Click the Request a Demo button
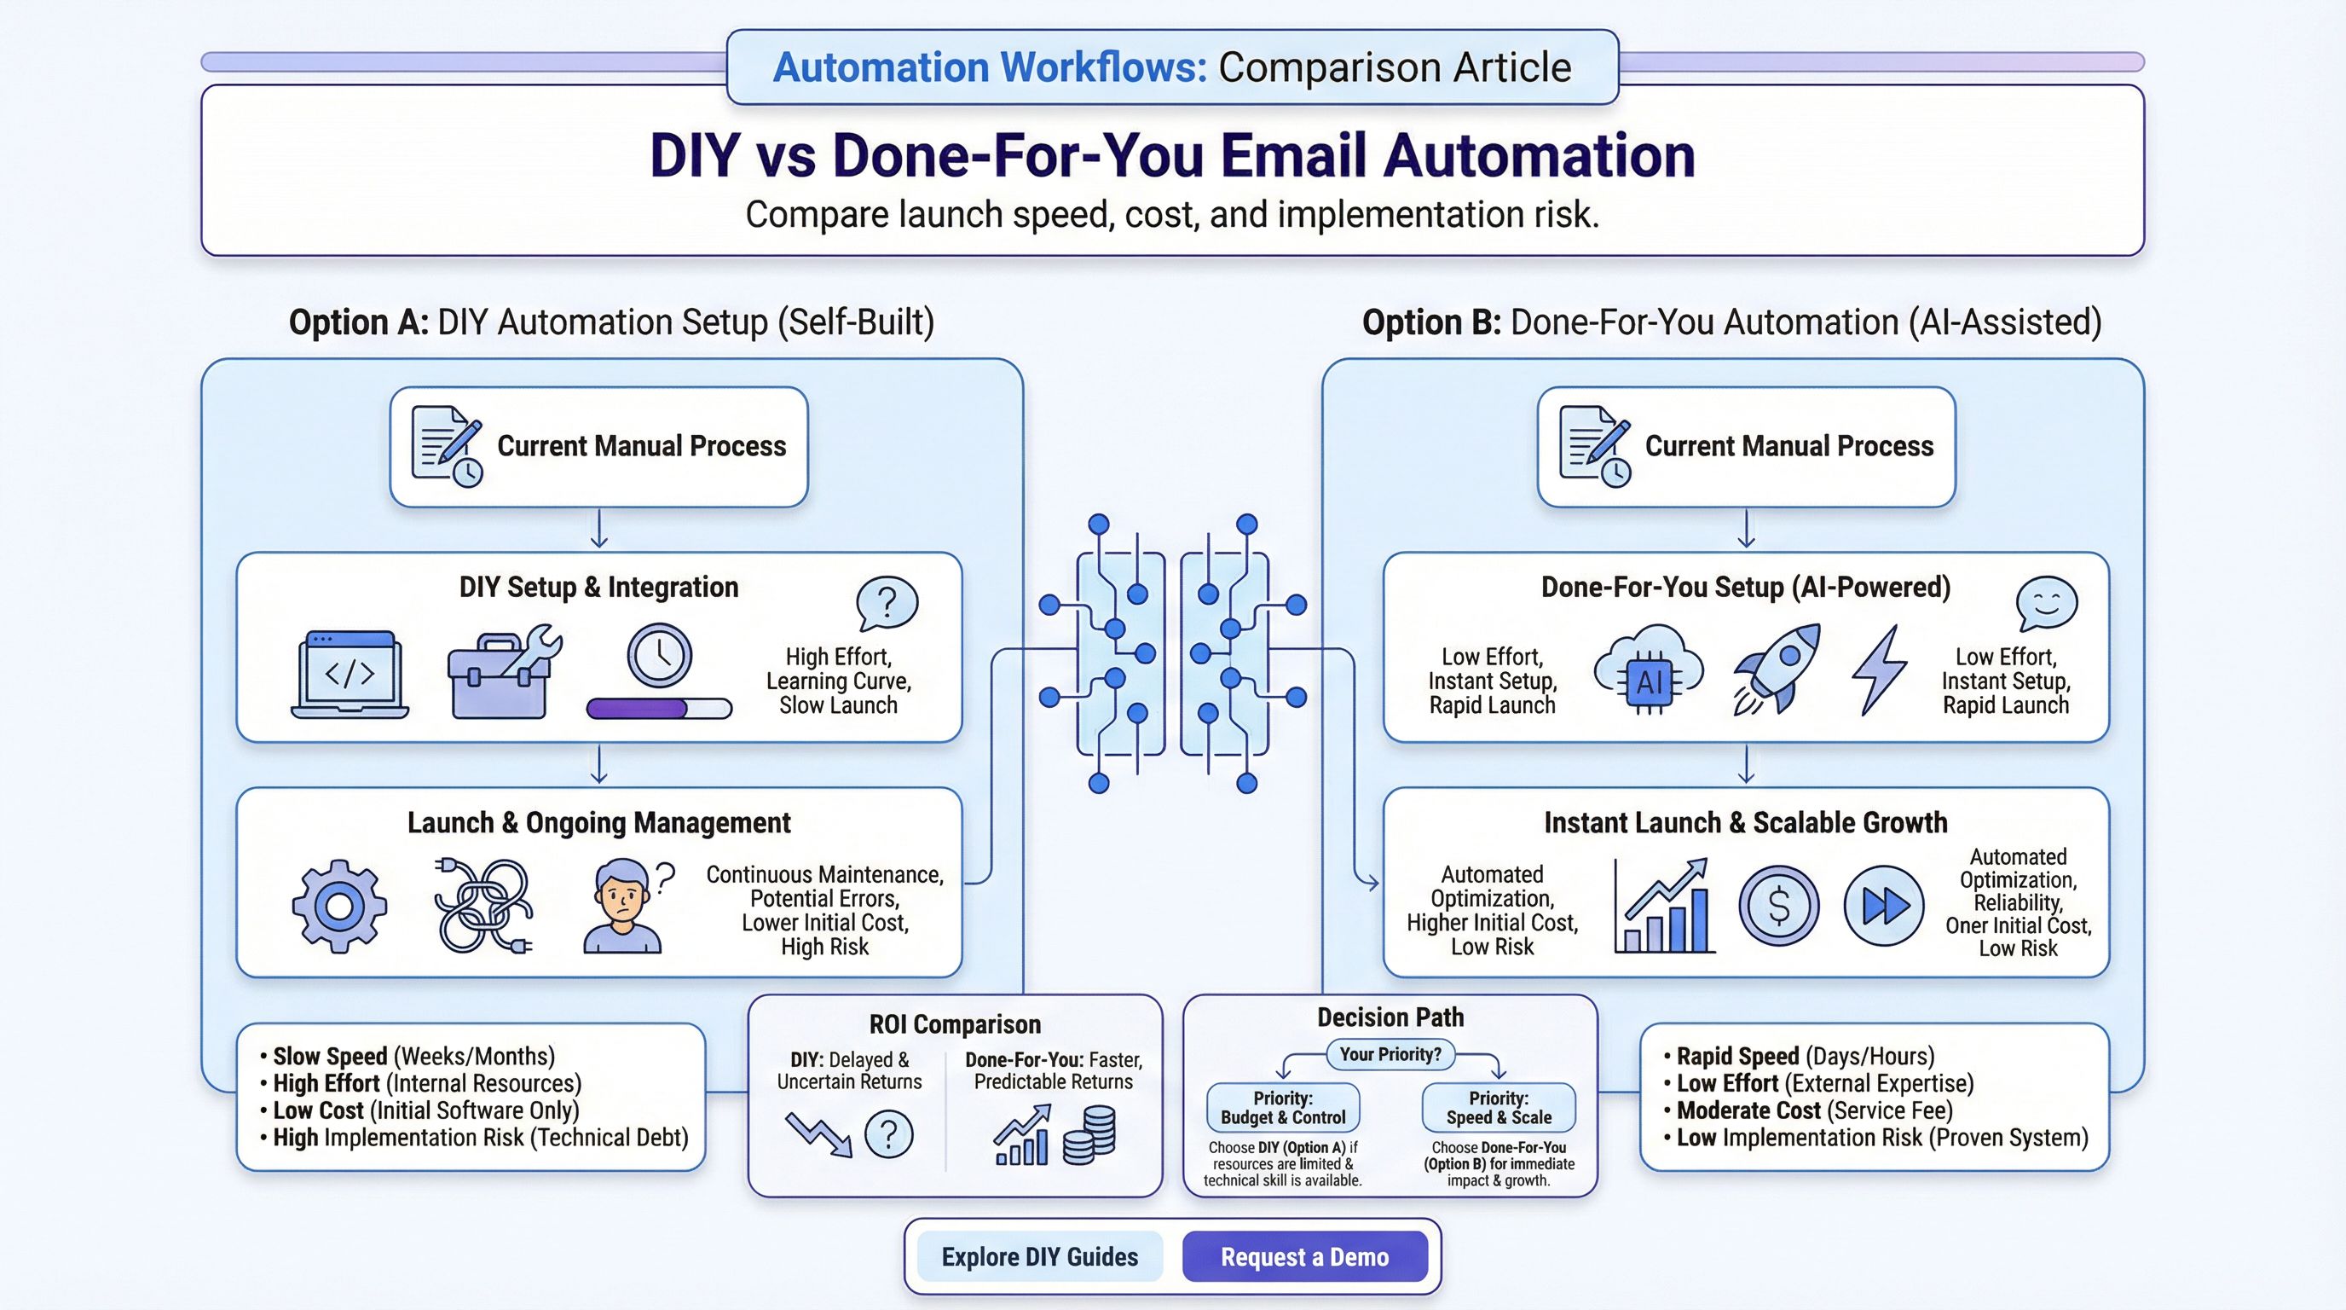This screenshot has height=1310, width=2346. pos(1304,1256)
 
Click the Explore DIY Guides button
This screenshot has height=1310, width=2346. pos(1039,1256)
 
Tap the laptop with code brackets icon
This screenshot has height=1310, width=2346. pos(350,674)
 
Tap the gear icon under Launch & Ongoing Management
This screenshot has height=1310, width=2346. pos(338,906)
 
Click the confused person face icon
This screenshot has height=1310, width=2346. pos(623,907)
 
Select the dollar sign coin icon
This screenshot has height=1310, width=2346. pos(1777,906)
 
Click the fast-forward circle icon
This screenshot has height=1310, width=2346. pos(1883,906)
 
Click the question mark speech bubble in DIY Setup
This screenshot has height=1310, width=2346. pos(886,602)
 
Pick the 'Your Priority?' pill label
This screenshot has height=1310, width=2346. pos(1390,1054)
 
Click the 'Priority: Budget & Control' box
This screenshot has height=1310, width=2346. pos(1282,1107)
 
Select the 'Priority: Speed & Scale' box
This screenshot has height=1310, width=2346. pos(1498,1107)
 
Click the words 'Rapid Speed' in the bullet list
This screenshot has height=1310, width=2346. pos(1736,1056)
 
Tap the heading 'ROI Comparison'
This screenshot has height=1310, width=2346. pos(955,1024)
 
